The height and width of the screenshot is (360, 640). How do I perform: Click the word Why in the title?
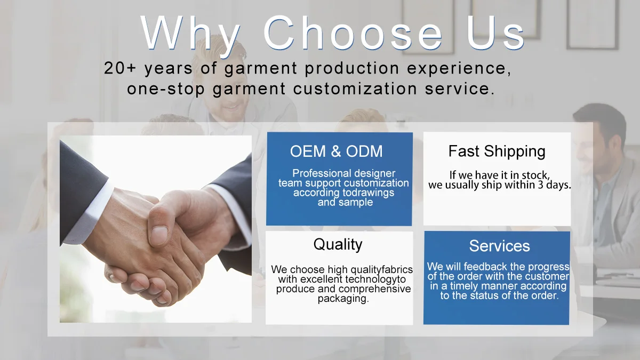[x=190, y=34]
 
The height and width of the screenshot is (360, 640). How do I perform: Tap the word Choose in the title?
[x=353, y=33]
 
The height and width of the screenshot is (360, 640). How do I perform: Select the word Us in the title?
[x=495, y=33]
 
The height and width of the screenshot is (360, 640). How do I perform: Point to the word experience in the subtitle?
[x=457, y=69]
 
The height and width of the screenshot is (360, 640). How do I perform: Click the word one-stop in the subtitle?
[x=166, y=89]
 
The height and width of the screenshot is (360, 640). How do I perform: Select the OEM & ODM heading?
[x=337, y=151]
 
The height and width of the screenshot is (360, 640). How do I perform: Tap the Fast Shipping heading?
[x=497, y=151]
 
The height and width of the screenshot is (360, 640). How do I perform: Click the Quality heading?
[x=338, y=245]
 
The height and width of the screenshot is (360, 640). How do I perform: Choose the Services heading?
[x=499, y=246]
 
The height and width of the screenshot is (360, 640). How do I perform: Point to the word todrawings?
[x=369, y=193]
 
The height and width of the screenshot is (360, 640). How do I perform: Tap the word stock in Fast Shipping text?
[x=535, y=175]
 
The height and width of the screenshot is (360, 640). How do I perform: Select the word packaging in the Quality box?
[x=343, y=299]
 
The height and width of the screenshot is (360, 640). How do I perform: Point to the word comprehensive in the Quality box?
[x=374, y=289]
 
